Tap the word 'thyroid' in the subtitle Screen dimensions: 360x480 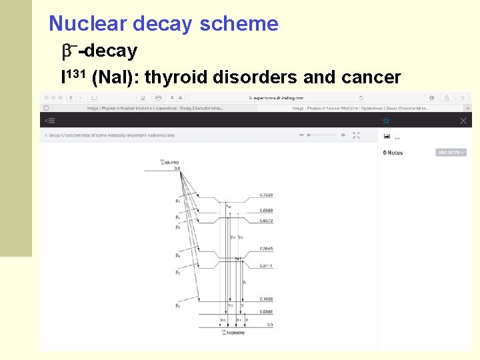click(175, 77)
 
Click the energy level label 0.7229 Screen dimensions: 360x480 click(265, 195)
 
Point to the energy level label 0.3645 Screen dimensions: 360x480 click(265, 249)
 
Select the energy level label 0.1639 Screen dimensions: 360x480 click(265, 299)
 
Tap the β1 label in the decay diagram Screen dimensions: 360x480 click(177, 201)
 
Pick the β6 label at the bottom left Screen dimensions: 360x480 click(177, 305)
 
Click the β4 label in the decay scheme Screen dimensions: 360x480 click(177, 255)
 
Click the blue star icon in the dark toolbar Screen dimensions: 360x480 click(385, 121)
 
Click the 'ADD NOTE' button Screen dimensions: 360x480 click(451, 153)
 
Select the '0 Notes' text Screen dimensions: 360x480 click(393, 153)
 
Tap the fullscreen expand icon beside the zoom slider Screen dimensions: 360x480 click(356, 135)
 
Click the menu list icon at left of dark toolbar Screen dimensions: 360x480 click(49, 121)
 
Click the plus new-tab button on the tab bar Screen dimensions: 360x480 click(467, 107)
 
